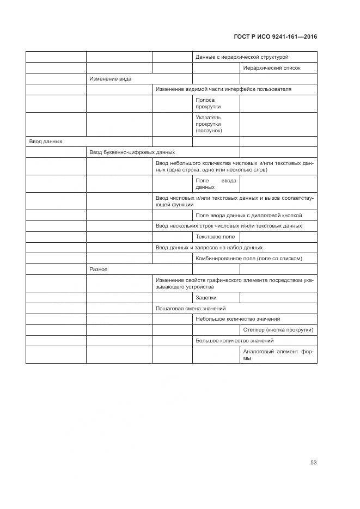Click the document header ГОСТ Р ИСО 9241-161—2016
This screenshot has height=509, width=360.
click(x=275, y=37)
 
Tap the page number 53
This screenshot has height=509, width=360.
click(x=313, y=462)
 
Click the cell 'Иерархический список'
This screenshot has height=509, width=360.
click(x=272, y=68)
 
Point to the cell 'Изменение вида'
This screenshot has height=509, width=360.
click(x=110, y=79)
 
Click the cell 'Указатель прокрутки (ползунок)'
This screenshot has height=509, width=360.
click(x=209, y=124)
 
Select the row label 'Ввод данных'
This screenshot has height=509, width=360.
click(x=46, y=141)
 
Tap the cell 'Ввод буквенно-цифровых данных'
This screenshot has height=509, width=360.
click(x=132, y=152)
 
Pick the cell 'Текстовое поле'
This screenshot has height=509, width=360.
click(x=215, y=237)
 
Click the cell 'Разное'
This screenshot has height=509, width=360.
click(x=99, y=269)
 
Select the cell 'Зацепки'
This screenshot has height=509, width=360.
click(x=206, y=298)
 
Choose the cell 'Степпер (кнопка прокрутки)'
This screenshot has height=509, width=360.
click(x=278, y=330)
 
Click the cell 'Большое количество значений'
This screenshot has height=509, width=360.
click(x=234, y=341)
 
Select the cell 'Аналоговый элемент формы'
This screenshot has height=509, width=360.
click(x=278, y=354)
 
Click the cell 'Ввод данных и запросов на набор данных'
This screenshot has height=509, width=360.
click(x=209, y=248)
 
